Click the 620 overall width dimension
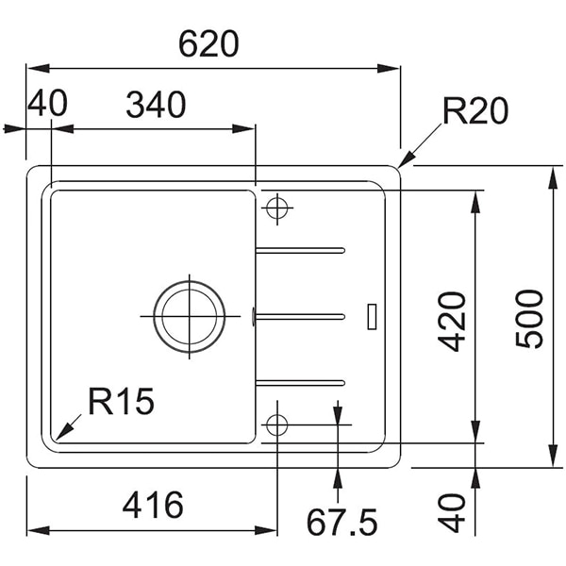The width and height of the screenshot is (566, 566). [208, 44]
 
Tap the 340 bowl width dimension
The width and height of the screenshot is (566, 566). [156, 105]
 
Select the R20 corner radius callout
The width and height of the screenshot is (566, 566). [475, 110]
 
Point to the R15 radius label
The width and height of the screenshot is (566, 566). [122, 401]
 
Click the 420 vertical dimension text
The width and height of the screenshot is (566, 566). [451, 322]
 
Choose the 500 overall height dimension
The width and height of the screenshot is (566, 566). [529, 319]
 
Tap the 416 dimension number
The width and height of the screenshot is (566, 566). [153, 505]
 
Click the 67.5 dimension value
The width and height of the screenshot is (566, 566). [341, 522]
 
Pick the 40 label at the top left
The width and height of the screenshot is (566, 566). [47, 103]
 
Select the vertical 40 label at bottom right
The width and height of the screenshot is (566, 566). [451, 513]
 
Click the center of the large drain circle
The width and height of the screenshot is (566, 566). [190, 317]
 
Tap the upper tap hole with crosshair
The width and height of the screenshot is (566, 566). [277, 208]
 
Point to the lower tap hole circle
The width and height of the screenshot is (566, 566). [276, 424]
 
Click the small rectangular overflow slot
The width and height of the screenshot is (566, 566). [372, 317]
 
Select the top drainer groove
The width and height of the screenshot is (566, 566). [300, 250]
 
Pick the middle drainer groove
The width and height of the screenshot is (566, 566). [300, 317]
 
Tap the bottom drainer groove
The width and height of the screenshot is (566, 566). [300, 383]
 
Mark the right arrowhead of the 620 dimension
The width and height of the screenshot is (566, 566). [389, 68]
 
